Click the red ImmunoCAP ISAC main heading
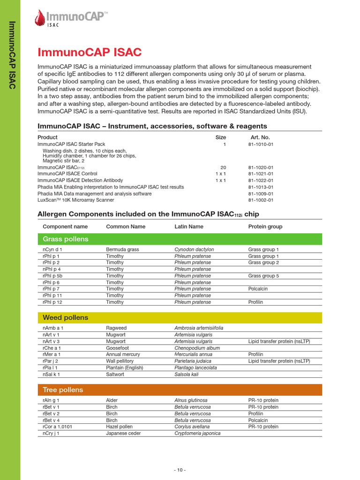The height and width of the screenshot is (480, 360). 89,52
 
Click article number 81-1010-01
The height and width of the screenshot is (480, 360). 261,144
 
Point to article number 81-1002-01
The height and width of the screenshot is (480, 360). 261,200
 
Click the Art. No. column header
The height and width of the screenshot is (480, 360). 260,137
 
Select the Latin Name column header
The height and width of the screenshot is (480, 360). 189,226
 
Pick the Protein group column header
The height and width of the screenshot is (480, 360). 265,226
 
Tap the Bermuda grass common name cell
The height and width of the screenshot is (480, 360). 122,250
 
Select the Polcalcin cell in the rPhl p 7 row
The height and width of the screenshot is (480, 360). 258,289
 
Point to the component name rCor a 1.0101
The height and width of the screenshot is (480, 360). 58,427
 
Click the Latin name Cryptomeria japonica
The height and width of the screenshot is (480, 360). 197,434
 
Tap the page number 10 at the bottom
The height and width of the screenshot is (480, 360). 180,470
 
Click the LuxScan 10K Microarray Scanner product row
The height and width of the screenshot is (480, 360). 75,200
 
